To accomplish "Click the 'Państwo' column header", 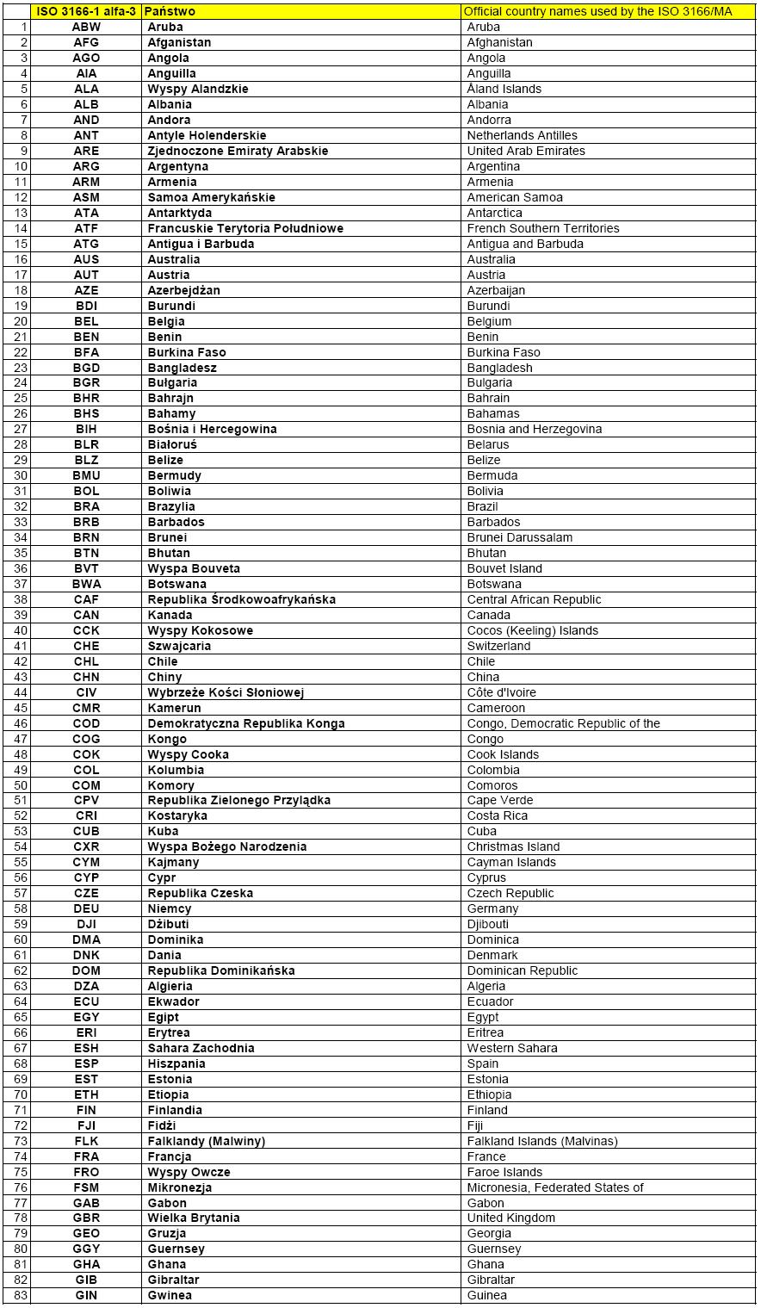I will [171, 11].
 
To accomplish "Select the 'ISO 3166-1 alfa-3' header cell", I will [86, 11].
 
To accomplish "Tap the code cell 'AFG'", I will [86, 42].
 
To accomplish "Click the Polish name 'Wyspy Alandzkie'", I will [198, 89].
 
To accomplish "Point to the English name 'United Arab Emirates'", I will [526, 151].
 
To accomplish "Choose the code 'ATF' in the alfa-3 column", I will [86, 228].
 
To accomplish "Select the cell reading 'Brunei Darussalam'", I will [519, 537].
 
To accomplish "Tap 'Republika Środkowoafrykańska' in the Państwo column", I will [242, 599].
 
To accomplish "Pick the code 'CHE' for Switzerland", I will [86, 646].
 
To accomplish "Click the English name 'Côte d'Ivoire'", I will [501, 692].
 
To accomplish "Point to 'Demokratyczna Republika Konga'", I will [246, 723].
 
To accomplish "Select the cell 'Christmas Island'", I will [513, 846].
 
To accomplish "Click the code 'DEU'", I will [86, 908].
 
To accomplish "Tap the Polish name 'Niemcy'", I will [170, 908].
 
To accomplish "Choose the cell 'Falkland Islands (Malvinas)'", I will [542, 1141].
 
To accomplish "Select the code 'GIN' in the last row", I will [86, 1295].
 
